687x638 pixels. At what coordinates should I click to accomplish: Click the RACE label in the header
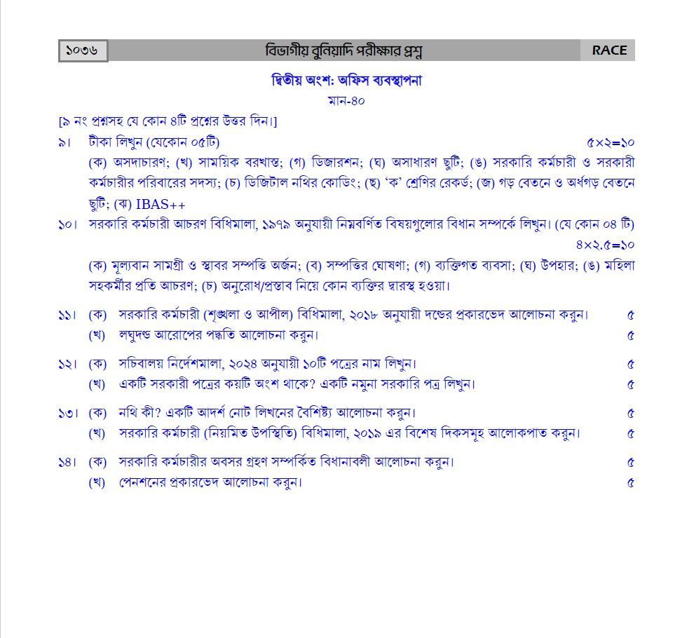tap(608, 50)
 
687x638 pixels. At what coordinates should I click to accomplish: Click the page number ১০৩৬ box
tap(83, 50)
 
